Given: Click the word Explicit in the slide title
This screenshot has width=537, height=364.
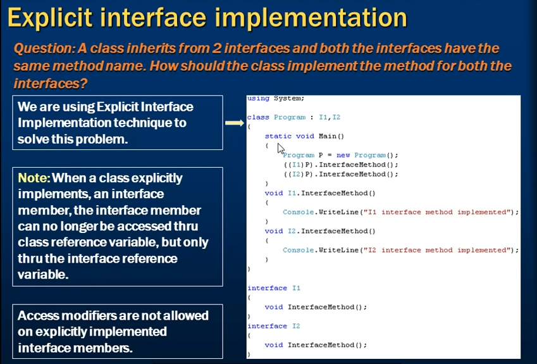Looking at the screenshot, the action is tap(50, 18).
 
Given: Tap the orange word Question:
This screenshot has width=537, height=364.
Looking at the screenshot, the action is tap(44, 49).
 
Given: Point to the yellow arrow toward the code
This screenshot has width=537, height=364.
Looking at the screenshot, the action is tap(235, 123).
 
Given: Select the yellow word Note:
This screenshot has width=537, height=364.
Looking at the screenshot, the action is tap(34, 178).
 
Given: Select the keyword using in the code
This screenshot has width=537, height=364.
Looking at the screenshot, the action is tap(258, 99).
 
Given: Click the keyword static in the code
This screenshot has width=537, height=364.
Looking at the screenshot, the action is tap(278, 136).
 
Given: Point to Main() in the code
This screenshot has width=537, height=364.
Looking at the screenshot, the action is tap(331, 136).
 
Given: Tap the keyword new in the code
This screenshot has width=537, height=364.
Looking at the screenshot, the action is tap(343, 155).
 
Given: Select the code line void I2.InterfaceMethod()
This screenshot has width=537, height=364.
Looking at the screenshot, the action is tap(320, 231).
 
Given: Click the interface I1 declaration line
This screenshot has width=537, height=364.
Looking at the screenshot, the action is tap(274, 288).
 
